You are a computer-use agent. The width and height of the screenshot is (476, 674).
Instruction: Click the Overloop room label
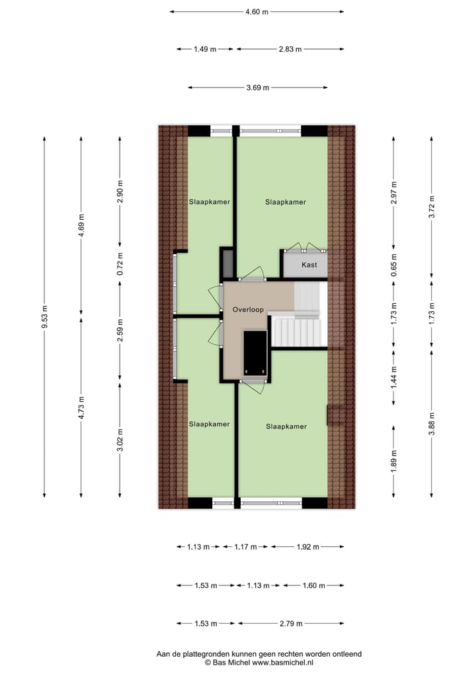tap(248, 309)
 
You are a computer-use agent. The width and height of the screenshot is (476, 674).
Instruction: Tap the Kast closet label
tap(309, 265)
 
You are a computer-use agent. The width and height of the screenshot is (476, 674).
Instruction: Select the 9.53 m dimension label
tap(44, 317)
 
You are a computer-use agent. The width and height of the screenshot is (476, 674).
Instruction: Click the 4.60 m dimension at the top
tap(257, 11)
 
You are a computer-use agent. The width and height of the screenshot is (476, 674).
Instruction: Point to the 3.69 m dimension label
tap(257, 87)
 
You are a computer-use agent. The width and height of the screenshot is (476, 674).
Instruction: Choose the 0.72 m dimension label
tap(120, 264)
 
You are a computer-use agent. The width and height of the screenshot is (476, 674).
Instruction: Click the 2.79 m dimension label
tap(291, 624)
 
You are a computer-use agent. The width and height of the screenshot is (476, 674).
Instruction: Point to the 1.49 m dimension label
tap(205, 49)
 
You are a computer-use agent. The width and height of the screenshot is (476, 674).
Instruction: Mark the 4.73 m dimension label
tap(81, 407)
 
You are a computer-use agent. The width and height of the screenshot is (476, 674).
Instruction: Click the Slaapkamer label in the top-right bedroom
tap(286, 202)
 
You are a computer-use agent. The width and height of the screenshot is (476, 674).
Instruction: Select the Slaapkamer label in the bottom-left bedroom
tap(209, 424)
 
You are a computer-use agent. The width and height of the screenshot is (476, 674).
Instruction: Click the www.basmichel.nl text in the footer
tap(282, 661)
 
